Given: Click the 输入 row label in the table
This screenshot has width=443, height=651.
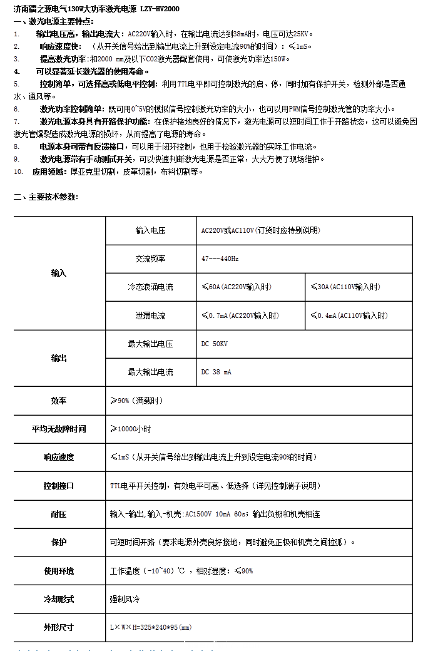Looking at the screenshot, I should point(59,274).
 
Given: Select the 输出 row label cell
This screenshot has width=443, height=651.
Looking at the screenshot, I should point(59,358).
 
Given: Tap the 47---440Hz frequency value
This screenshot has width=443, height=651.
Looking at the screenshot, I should point(220,259).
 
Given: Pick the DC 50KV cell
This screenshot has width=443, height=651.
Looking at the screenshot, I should point(215,344).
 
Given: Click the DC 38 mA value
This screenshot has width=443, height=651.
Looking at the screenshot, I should point(216,372).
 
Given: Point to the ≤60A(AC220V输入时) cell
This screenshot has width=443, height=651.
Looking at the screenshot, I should point(237,287).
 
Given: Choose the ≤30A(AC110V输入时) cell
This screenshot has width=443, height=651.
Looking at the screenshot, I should point(345,287).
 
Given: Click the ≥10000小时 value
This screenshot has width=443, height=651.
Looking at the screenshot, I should point(131,429).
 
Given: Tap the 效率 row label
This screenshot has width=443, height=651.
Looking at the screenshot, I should point(59,401).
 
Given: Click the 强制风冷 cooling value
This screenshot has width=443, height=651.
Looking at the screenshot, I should point(125,599).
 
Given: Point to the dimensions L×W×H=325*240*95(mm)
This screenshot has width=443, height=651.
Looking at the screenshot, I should point(151,627).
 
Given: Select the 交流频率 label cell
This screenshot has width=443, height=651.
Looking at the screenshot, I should point(150,259).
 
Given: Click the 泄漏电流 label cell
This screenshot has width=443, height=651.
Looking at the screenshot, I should point(150,315).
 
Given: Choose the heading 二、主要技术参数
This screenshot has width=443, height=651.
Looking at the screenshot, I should point(46,197).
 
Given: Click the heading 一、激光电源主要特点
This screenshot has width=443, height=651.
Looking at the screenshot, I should point(54,21).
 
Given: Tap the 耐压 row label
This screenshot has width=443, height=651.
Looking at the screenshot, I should point(59,514).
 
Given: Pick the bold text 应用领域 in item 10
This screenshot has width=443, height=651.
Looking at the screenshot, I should point(48,172).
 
